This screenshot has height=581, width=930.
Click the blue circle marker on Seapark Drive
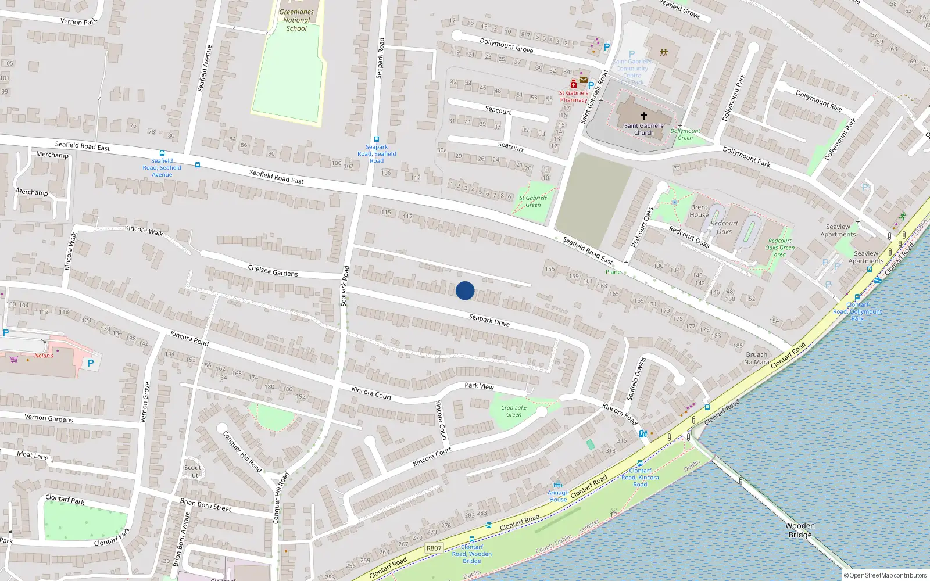pos(465,290)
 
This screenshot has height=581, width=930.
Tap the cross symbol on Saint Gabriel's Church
pos(643,116)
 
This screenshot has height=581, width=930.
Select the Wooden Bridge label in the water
pos(800,530)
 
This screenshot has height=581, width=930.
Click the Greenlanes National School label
pos(296,20)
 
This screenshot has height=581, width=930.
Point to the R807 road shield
pos(434,548)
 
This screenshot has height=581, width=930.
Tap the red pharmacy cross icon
pos(573,84)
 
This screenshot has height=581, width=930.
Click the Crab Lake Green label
pos(514,411)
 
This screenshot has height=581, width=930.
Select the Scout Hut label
pos(192,471)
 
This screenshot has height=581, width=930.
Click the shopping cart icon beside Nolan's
pos(14,359)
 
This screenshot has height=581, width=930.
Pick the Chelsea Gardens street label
pos(273,271)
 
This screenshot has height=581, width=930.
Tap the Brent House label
pos(699,211)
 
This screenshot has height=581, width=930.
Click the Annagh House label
pos(558,496)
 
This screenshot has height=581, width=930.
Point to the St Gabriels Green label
pos(533,201)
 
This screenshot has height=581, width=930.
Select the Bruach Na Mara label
pos(756,358)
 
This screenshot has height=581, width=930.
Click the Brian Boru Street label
pos(205,504)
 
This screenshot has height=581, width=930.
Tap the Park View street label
pos(479,386)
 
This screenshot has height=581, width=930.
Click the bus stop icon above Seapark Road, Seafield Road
pos(377,139)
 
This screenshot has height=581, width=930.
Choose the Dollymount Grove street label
pos(506,45)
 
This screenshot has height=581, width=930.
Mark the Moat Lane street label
pos(33,455)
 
